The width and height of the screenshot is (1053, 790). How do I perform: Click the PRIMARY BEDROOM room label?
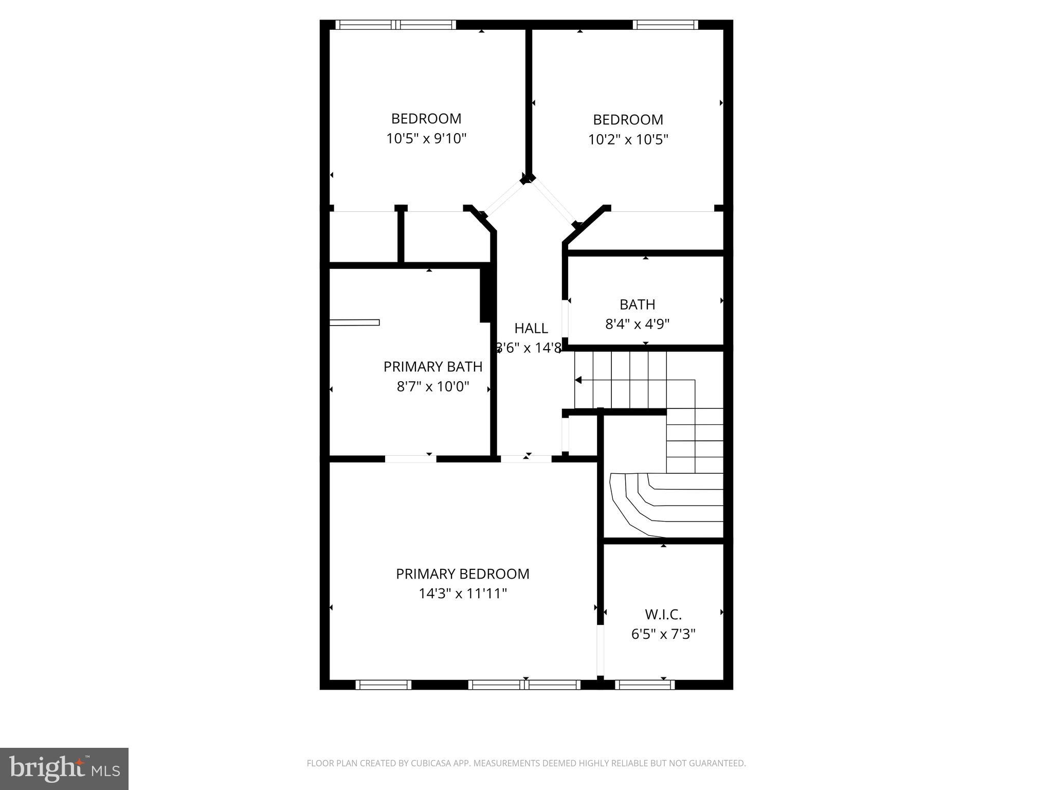tap(462, 574)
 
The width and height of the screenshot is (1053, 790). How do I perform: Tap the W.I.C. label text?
tap(663, 615)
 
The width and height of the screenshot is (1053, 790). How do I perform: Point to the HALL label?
tap(531, 328)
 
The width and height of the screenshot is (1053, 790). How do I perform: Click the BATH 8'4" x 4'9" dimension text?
tap(637, 324)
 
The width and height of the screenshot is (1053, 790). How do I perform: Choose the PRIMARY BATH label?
tap(433, 367)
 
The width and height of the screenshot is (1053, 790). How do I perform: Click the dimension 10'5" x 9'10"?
tap(426, 139)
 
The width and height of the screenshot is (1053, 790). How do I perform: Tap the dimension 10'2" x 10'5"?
tap(628, 140)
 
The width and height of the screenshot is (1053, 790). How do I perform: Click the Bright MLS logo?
tap(64, 768)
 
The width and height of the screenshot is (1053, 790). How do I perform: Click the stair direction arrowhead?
tap(578, 380)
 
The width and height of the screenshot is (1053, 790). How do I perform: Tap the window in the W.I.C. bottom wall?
tap(644, 685)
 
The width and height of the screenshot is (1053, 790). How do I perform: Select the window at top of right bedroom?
tap(665, 25)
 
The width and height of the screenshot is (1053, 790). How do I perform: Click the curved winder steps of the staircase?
tap(663, 504)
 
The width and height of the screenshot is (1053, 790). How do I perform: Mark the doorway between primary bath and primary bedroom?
tap(410, 459)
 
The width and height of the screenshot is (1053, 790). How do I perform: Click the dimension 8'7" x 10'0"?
tap(433, 387)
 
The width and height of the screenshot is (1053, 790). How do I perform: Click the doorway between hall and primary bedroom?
tap(526, 459)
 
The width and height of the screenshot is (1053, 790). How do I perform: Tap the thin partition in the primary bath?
tap(354, 322)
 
